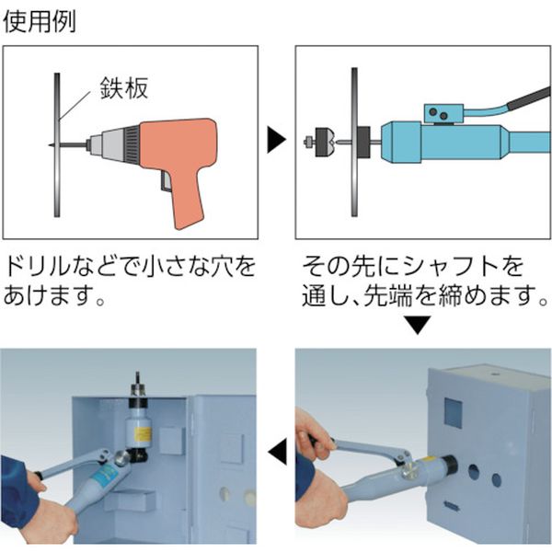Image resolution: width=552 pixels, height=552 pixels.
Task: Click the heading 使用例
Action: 39,19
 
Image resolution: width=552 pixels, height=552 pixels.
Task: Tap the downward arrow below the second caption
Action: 418,325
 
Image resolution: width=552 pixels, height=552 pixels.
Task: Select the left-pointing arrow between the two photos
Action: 276,451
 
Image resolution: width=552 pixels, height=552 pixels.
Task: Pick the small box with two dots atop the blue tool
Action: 441,114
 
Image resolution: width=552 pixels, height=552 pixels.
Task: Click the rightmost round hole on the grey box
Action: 496,479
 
